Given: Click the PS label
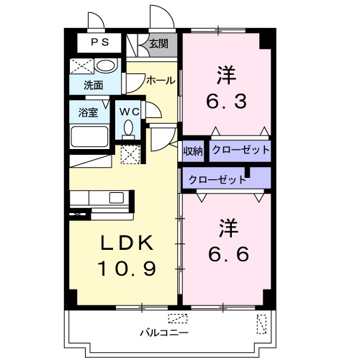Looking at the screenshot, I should (x=99, y=42).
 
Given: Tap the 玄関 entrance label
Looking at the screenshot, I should (x=158, y=43).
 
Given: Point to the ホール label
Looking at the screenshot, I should (x=159, y=80).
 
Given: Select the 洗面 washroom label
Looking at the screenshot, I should (x=93, y=85).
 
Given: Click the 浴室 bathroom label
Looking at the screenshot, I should (x=89, y=112).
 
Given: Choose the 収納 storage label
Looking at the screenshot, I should (x=192, y=150).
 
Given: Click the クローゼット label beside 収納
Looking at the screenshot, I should (x=240, y=150).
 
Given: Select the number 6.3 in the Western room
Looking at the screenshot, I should (x=228, y=101).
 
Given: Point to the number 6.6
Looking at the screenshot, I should (x=228, y=254).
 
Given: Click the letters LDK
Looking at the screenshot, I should (x=125, y=243).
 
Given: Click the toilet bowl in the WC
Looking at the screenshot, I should (x=128, y=130).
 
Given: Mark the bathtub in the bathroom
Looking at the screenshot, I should (x=89, y=135).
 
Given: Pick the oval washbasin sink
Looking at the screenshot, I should (x=106, y=67).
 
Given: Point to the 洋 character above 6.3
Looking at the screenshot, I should (x=228, y=75).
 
